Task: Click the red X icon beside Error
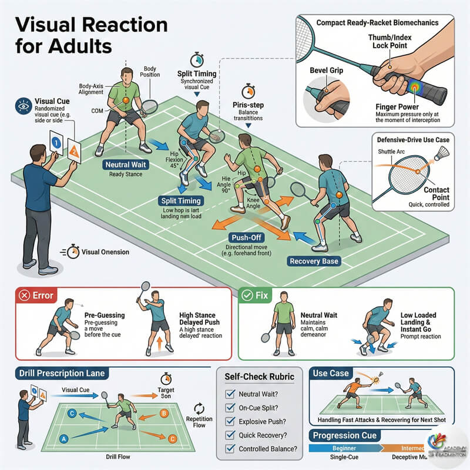click(25, 295)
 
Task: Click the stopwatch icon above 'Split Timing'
click(197, 60)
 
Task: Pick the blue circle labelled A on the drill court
click(63, 438)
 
